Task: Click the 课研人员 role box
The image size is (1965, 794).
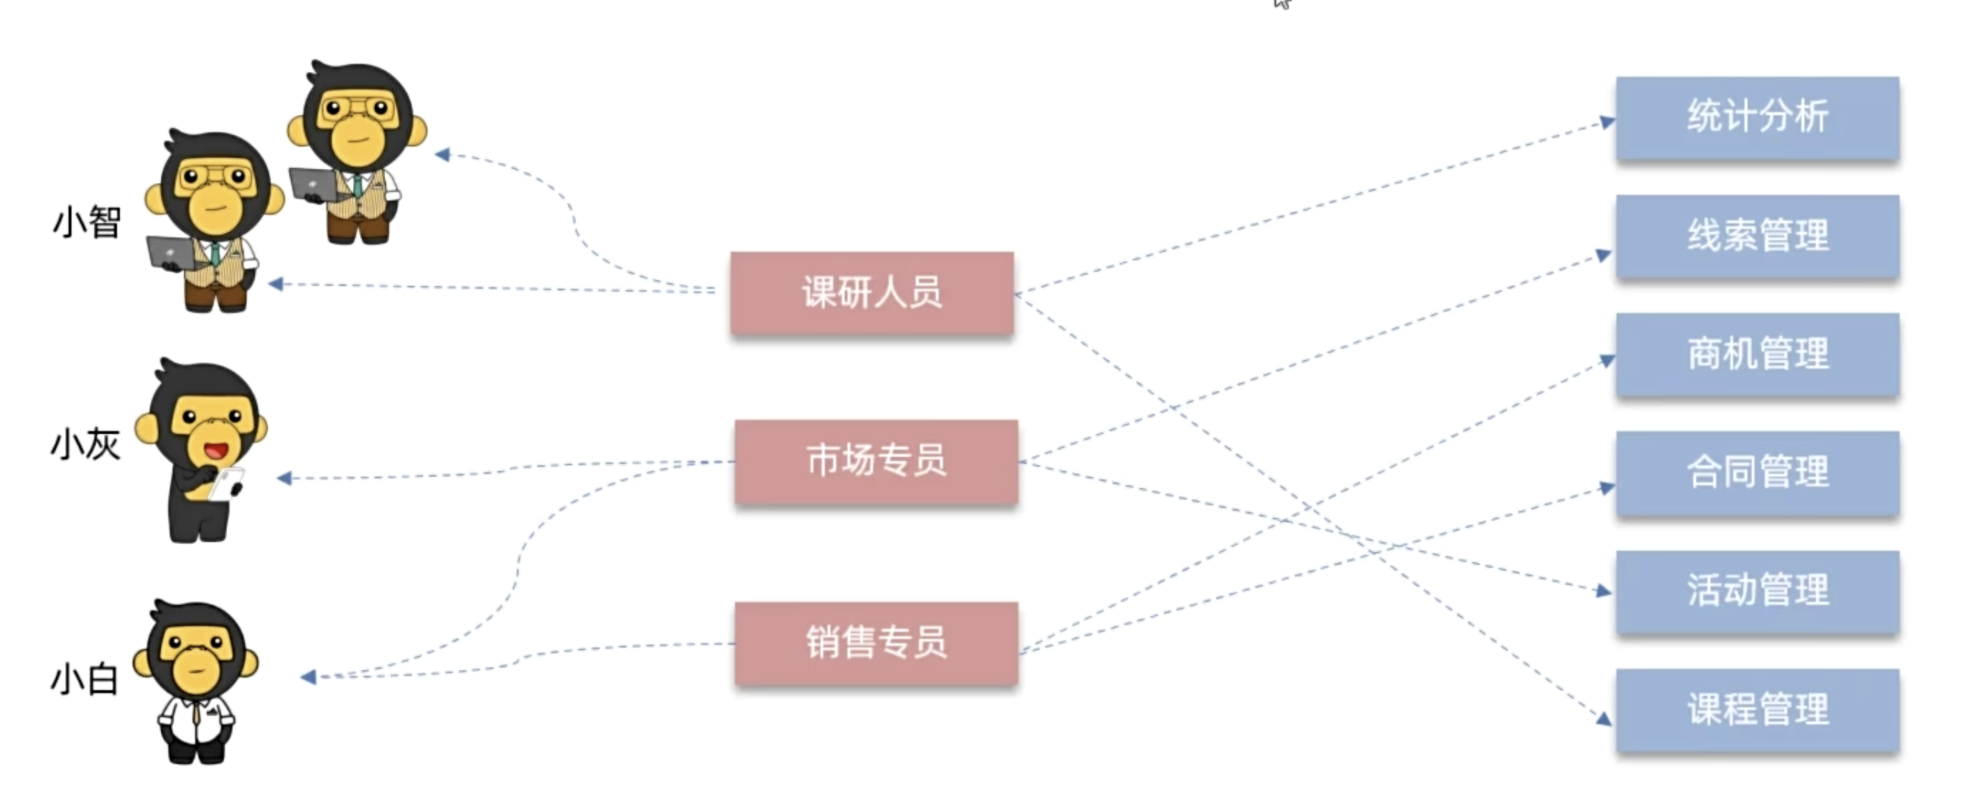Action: coord(872,293)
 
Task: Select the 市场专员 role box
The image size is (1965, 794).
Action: coord(876,460)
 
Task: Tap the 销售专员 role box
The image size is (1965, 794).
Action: coord(876,643)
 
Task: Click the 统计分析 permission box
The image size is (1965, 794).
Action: coord(1757,117)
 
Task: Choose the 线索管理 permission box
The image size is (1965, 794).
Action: coord(1757,236)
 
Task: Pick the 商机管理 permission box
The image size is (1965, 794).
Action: coord(1757,354)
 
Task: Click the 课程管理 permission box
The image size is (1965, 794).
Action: coord(1757,710)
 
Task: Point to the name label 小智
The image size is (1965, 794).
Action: coord(86,223)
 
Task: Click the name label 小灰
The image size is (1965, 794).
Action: coord(85,444)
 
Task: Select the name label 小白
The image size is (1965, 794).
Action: coord(84,679)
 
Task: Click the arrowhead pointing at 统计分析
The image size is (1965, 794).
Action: coord(1607,122)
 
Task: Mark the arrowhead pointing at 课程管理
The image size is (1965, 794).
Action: coord(1603,718)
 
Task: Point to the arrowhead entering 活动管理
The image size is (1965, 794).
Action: coord(1603,590)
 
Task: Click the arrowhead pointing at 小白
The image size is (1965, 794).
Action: coord(309,677)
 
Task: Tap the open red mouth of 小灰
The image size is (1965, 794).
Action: coord(216,451)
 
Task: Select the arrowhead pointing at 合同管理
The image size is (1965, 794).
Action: coord(1606,487)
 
